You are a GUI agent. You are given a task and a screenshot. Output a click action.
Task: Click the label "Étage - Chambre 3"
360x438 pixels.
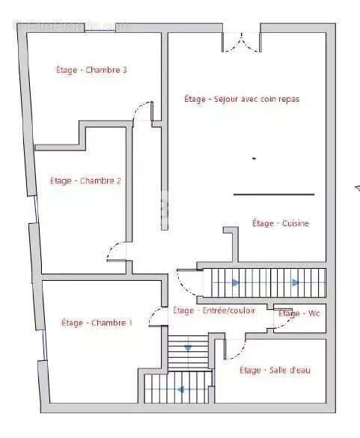91,70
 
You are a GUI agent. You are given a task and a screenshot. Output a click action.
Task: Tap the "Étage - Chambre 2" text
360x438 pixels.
85,180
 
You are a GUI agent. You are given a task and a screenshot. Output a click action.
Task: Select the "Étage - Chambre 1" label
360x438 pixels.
97,323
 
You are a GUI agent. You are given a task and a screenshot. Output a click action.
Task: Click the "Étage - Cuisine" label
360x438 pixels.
280,223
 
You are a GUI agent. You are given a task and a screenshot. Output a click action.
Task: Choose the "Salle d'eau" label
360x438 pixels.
275,370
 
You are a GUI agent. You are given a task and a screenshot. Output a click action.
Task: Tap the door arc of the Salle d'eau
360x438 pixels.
235,349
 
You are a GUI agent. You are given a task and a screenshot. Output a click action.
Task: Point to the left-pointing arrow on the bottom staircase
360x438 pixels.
181,389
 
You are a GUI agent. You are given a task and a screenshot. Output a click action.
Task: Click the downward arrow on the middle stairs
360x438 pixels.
187,348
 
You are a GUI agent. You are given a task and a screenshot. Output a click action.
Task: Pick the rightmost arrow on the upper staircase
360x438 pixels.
296,282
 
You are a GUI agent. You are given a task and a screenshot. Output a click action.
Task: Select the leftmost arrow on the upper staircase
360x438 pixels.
236,282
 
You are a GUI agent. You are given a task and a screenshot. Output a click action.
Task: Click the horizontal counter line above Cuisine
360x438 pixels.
273,195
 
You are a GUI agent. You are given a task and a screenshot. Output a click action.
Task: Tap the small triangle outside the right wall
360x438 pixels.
356,187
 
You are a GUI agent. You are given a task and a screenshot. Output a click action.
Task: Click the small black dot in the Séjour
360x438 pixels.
254,158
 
